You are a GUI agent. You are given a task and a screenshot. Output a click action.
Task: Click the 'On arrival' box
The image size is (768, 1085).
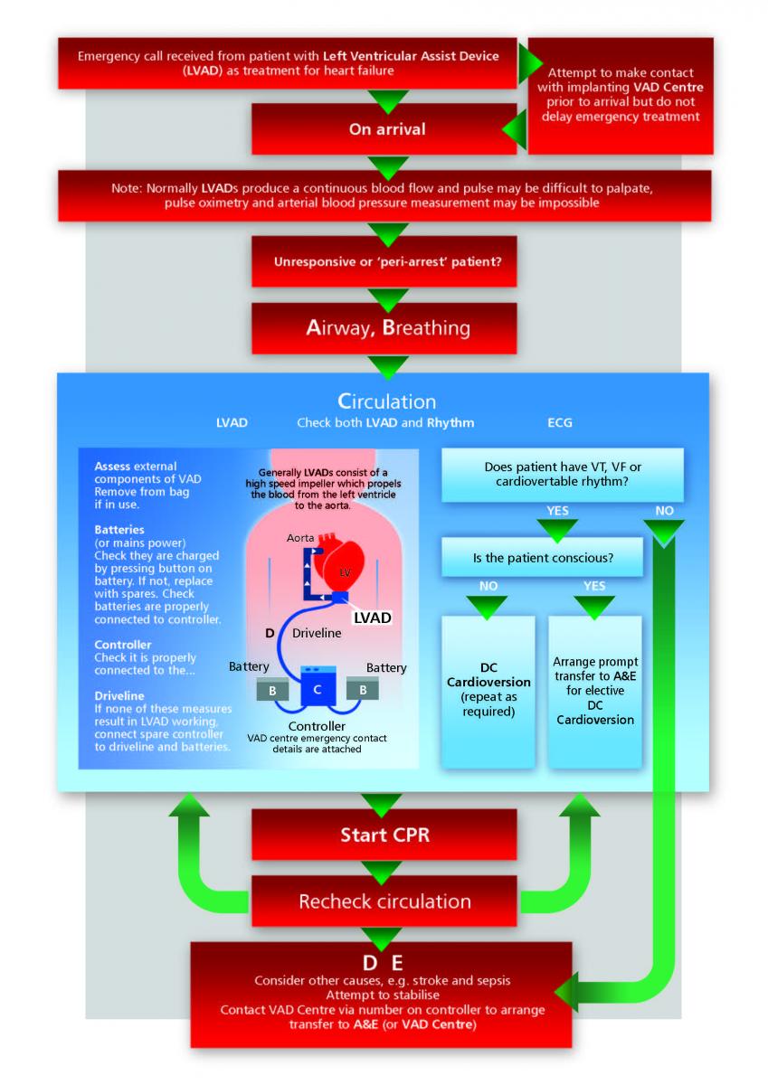point(387,129)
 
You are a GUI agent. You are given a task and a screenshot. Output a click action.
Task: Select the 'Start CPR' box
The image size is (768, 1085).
point(384,835)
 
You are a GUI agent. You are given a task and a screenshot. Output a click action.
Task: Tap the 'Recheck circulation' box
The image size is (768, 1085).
point(384,901)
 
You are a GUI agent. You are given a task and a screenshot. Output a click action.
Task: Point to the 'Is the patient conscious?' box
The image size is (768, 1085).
point(543,558)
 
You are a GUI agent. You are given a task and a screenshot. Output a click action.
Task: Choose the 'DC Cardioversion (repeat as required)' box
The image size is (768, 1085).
point(489,692)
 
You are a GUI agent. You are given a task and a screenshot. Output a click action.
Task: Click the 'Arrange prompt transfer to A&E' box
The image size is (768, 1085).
point(594,692)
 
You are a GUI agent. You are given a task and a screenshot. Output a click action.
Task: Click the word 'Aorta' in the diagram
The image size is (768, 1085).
point(300,538)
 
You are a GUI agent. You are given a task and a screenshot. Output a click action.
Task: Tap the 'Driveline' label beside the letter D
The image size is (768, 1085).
point(317,633)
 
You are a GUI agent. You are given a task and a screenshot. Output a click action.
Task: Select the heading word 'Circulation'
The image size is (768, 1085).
point(386,401)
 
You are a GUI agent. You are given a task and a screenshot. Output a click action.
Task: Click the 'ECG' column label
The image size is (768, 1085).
point(560,422)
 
